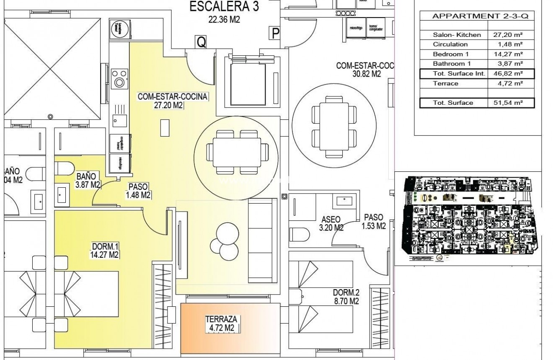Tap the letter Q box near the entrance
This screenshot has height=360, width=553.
tap(201, 42)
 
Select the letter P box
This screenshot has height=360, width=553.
tap(275, 33)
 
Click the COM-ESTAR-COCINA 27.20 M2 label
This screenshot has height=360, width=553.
tap(173, 101)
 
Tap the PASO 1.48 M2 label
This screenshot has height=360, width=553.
tap(138, 191)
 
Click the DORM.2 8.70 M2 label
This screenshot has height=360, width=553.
tap(346, 297)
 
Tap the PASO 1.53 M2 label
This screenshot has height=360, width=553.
tap(373, 222)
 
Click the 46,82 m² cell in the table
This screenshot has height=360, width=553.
tap(508, 74)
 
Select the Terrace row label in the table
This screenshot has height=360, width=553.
tap(446, 83)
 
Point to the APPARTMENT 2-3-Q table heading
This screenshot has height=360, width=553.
tap(477, 16)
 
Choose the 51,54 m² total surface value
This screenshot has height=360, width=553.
tap(508, 103)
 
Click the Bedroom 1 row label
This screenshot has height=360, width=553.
tap(451, 54)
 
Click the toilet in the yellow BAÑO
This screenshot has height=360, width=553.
tap(64, 168)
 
